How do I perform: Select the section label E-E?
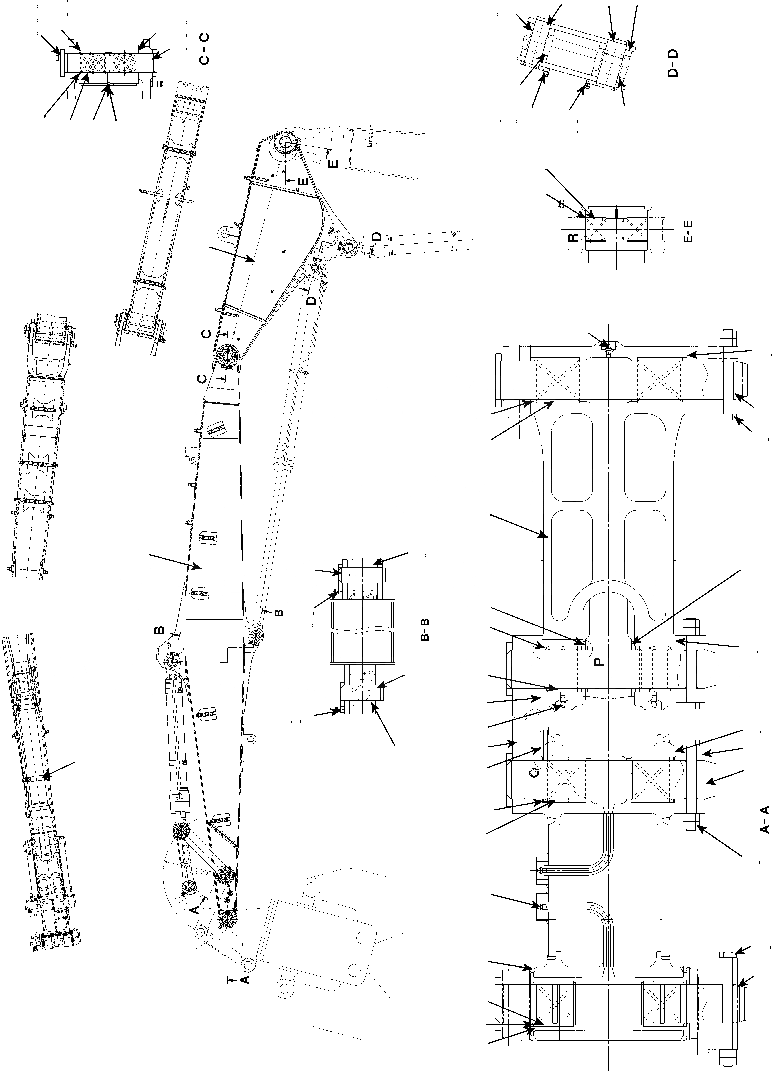688,234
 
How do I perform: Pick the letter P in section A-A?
599,662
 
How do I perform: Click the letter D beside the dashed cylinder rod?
311,301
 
